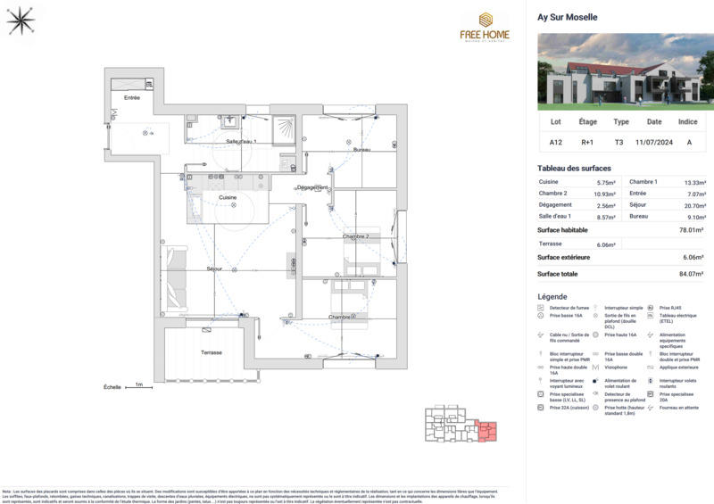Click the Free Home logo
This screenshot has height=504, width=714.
coord(485,27)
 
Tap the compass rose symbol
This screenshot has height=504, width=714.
coord(20,20)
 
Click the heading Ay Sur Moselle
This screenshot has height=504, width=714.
coord(567,17)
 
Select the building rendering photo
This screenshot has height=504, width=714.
coord(625,71)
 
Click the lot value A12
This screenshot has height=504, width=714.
coord(556,142)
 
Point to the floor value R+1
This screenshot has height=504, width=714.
coord(588,142)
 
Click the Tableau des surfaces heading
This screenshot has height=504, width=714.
coord(574,169)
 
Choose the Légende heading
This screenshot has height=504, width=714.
coord(552,296)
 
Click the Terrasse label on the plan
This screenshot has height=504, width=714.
coord(211,352)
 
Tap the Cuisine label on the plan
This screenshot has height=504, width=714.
coord(228,197)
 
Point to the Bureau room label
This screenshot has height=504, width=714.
coord(361,150)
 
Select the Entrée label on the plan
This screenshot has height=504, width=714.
coord(132,97)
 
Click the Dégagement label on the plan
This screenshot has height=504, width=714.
coord(312,187)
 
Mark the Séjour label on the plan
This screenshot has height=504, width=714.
coord(214,269)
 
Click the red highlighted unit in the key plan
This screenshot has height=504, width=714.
coord(487,432)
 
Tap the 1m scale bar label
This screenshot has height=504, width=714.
coord(138,385)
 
